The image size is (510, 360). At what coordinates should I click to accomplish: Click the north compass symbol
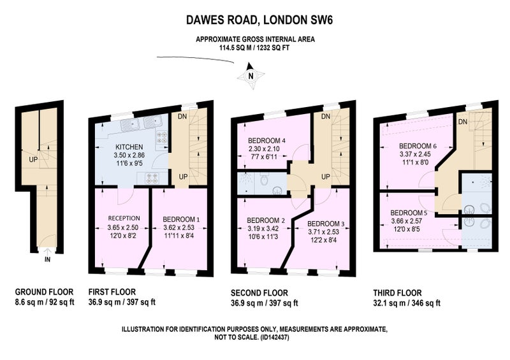coord(251,76)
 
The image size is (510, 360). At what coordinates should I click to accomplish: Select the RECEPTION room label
coord(124,218)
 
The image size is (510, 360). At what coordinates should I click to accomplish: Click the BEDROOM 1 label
coord(181,220)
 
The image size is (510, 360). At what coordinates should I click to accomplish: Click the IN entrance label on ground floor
coord(47,260)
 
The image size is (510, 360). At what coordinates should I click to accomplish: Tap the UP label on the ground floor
coord(33,160)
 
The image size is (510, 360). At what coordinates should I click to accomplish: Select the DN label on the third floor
coord(463,122)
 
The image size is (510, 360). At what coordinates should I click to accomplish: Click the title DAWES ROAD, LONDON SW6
coord(259,20)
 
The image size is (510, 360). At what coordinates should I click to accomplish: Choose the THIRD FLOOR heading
coord(397,292)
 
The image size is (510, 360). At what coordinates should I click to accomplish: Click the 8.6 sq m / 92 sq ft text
coord(45,302)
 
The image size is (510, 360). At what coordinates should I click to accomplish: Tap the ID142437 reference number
coord(275,337)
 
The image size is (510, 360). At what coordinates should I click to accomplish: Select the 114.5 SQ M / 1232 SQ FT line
coord(254,48)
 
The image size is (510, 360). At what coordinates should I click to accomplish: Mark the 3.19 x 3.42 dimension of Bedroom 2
coord(266,228)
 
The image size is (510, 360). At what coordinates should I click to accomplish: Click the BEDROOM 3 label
coord(326,224)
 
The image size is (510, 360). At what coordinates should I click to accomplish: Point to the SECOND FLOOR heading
coord(259,293)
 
